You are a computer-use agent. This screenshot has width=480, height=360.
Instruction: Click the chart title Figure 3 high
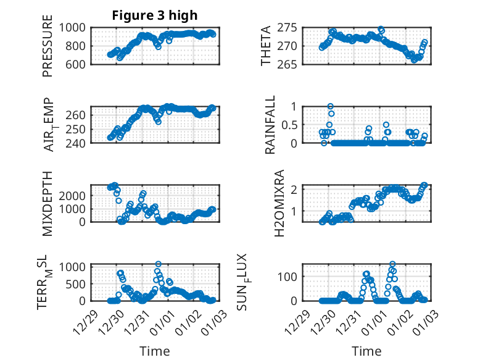coord(155,15)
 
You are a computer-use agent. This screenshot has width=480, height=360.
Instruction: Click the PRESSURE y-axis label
coord(48,50)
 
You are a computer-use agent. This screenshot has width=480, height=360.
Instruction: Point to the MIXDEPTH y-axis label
coord(48,203)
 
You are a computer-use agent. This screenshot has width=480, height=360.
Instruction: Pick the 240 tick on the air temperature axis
coord(79,143)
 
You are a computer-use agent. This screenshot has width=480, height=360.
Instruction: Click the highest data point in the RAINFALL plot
coord(331,106)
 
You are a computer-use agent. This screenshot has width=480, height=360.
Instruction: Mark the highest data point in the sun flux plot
coord(392,264)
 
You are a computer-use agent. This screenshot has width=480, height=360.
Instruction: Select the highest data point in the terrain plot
coord(159,264)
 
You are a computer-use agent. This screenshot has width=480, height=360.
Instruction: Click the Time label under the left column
coord(155,351)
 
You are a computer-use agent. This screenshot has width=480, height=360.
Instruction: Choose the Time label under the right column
coord(366,351)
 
